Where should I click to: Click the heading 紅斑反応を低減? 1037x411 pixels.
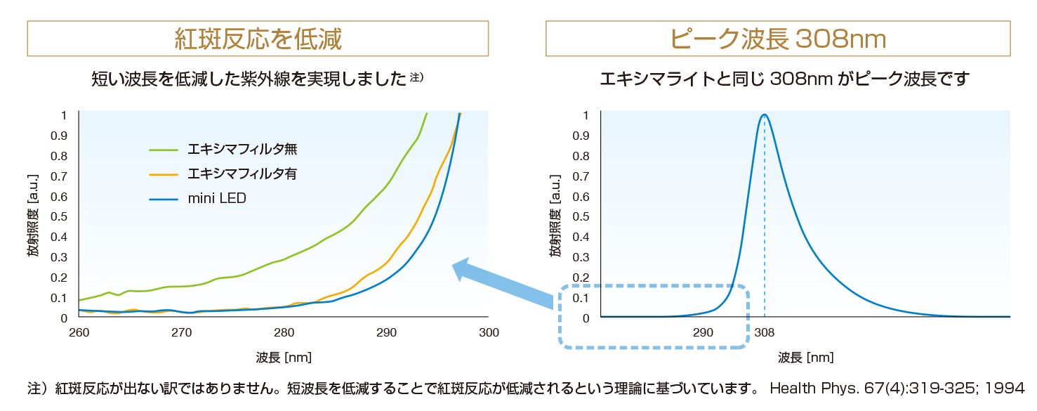[x=258, y=39]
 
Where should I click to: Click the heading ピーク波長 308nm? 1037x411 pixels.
[x=778, y=39]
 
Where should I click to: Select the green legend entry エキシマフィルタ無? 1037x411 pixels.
[x=223, y=149]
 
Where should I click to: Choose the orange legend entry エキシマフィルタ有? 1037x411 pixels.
[x=223, y=174]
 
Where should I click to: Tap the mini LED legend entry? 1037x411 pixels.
[x=198, y=198]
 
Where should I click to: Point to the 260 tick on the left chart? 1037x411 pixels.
[x=79, y=333]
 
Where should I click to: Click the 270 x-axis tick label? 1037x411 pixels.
[x=181, y=333]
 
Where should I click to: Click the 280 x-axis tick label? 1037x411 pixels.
[x=284, y=333]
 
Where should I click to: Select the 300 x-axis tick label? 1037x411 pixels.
[x=489, y=333]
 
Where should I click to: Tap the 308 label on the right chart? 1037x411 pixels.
[x=765, y=333]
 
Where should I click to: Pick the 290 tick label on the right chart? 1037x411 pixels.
[x=703, y=333]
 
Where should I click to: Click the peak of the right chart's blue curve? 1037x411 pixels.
[x=765, y=115]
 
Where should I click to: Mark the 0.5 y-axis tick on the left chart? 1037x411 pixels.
[x=59, y=217]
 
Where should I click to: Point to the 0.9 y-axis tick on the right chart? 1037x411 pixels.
[x=581, y=136]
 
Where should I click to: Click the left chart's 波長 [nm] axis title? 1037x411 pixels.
[x=284, y=358]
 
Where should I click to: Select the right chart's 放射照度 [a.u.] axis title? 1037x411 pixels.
[x=555, y=216]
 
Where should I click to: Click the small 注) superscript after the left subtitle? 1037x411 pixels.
[x=416, y=77]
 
